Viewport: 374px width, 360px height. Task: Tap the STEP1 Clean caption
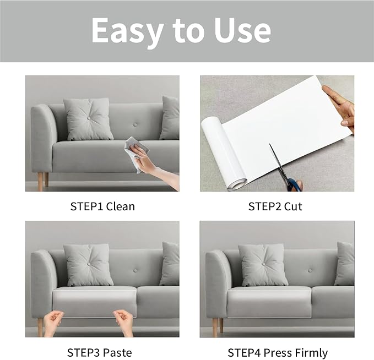pos(102,206)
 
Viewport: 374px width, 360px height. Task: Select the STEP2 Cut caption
pos(275,206)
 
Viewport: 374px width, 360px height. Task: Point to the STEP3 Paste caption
pos(100,352)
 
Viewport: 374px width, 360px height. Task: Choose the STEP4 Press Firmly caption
pos(278,352)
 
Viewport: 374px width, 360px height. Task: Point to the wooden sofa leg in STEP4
pos(215,327)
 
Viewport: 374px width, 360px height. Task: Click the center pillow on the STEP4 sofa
pos(263,265)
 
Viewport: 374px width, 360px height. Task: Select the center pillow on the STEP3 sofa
pos(88,265)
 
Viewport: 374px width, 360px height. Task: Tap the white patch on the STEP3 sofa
pos(94,302)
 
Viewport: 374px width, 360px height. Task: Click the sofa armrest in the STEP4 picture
pos(216,281)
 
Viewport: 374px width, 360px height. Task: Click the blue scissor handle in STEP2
pos(294,184)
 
